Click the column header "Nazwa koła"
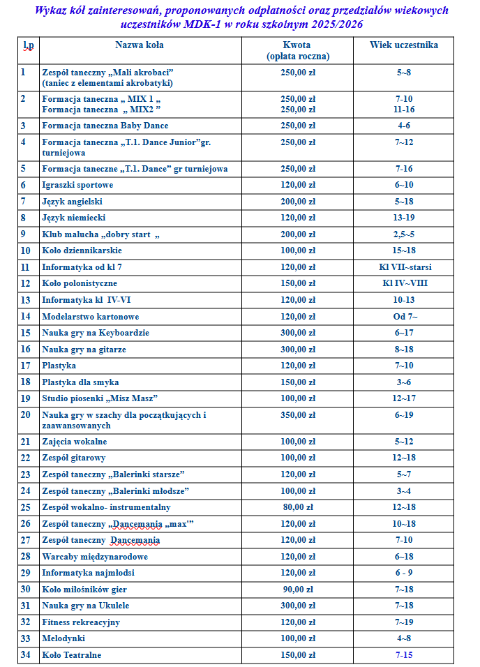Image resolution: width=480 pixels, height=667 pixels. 140,45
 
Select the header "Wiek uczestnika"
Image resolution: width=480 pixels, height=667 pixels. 404,45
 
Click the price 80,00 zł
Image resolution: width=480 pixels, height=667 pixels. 298,507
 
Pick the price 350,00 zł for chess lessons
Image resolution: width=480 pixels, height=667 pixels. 298,415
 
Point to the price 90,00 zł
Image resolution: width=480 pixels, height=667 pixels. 298,590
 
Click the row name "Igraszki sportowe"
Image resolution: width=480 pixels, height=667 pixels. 77,185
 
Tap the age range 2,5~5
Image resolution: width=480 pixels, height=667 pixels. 404,234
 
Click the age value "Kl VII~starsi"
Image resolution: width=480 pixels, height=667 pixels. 404,267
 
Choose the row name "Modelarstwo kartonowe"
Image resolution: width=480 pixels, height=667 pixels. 90,317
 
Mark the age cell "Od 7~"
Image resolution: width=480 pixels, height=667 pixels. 404,317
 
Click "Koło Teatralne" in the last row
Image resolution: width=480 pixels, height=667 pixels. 71,655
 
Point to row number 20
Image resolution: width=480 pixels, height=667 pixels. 26,414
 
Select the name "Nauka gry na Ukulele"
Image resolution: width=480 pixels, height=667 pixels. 85,606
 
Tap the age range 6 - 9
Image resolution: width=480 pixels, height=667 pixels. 404,573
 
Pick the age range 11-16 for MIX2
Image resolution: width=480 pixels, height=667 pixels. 404,110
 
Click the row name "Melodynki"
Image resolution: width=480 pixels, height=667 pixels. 63,638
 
